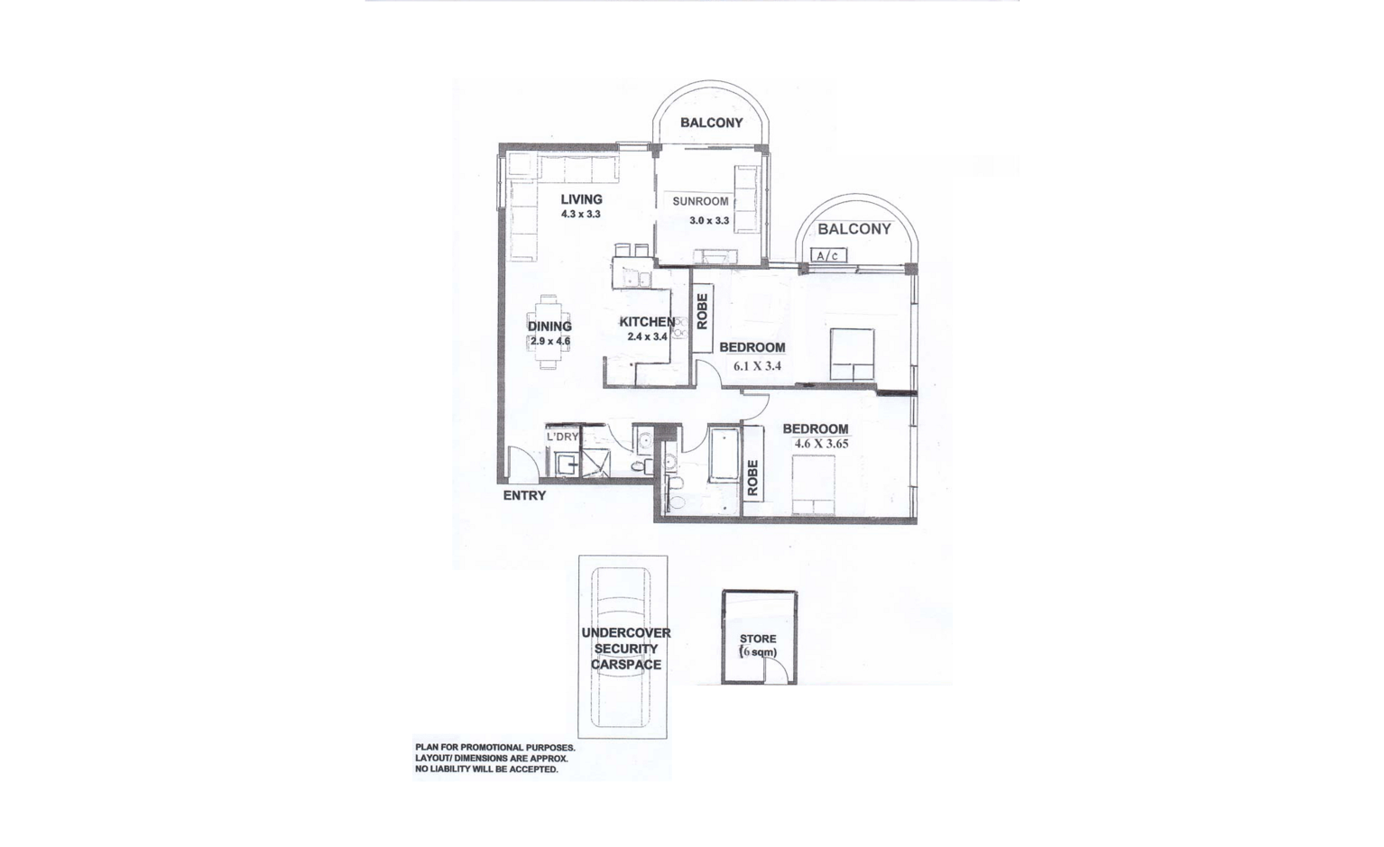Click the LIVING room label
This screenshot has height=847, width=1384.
[x=581, y=199]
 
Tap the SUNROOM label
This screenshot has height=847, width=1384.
[x=700, y=201]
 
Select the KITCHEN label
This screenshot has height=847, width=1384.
[x=647, y=322]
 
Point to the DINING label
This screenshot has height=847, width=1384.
[x=549, y=327]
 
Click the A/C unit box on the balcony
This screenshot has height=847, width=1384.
[x=828, y=255]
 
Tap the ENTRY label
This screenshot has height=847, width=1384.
[x=524, y=495]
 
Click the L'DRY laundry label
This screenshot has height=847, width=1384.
[x=562, y=437]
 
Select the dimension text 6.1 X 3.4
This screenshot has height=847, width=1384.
[x=757, y=365]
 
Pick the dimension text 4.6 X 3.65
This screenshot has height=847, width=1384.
[x=821, y=444]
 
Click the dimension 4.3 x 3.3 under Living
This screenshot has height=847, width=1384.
[x=580, y=215]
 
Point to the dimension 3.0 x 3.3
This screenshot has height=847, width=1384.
[x=709, y=220]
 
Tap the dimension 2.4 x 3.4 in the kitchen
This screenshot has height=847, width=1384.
[x=647, y=337]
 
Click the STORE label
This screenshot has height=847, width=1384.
[x=758, y=639]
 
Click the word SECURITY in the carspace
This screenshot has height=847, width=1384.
[x=626, y=649]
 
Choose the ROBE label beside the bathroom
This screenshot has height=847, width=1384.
[x=752, y=478]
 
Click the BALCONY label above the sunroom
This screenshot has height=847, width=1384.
[x=711, y=123]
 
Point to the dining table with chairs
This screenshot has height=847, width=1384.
[x=549, y=332]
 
